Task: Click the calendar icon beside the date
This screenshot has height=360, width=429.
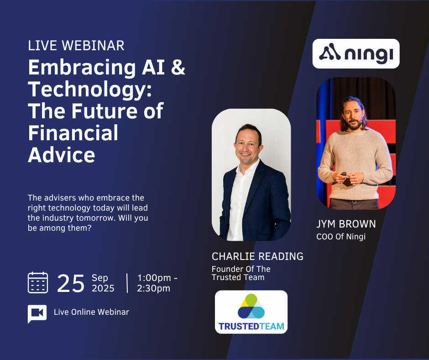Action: point(38,282)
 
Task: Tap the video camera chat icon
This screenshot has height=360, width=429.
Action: point(37,313)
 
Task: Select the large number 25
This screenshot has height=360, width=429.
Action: point(71,284)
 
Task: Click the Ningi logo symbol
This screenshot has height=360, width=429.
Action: point(330,52)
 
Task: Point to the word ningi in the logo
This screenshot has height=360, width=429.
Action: point(369,54)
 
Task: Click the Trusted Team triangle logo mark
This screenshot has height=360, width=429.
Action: point(251,306)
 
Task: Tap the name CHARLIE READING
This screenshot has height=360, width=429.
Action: point(257,256)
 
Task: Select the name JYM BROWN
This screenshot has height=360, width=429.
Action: point(346,224)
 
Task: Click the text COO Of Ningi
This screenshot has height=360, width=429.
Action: point(341,237)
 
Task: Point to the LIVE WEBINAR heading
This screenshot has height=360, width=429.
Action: point(76,46)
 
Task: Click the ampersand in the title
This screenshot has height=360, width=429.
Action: point(178,68)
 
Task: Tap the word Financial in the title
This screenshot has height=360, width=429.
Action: point(73,133)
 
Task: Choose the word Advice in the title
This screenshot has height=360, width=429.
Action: point(62,155)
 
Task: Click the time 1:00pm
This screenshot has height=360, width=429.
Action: point(154,278)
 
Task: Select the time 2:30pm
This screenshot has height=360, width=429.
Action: point(153,288)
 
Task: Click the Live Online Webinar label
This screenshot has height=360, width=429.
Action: point(91,312)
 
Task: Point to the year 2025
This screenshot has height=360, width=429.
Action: point(103,288)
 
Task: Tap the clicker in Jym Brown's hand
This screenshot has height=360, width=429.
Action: point(344,174)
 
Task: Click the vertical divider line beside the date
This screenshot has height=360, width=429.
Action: point(127,283)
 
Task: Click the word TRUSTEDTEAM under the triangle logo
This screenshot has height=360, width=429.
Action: point(251,326)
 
